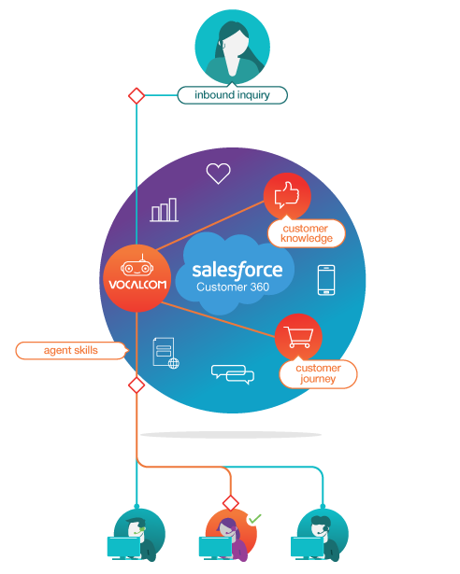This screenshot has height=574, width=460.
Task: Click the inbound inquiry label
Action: (232, 95)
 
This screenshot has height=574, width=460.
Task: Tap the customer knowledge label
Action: (307, 233)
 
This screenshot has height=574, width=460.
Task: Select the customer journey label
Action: (318, 373)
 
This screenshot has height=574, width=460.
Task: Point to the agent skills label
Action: (71, 351)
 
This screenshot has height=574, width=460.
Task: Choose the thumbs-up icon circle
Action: (286, 196)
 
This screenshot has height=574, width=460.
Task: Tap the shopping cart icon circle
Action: (298, 337)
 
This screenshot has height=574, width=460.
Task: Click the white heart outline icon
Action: (218, 174)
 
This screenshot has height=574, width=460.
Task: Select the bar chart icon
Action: (165, 210)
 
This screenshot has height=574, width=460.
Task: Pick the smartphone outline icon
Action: (326, 280)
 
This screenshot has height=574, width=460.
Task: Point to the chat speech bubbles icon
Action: (233, 373)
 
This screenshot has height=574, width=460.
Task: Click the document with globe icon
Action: (165, 356)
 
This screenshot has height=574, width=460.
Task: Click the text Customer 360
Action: (233, 287)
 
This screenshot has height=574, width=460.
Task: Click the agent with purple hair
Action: (227, 534)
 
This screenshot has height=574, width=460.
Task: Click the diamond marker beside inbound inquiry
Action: (137, 95)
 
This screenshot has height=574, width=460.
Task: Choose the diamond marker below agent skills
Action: (137, 385)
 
